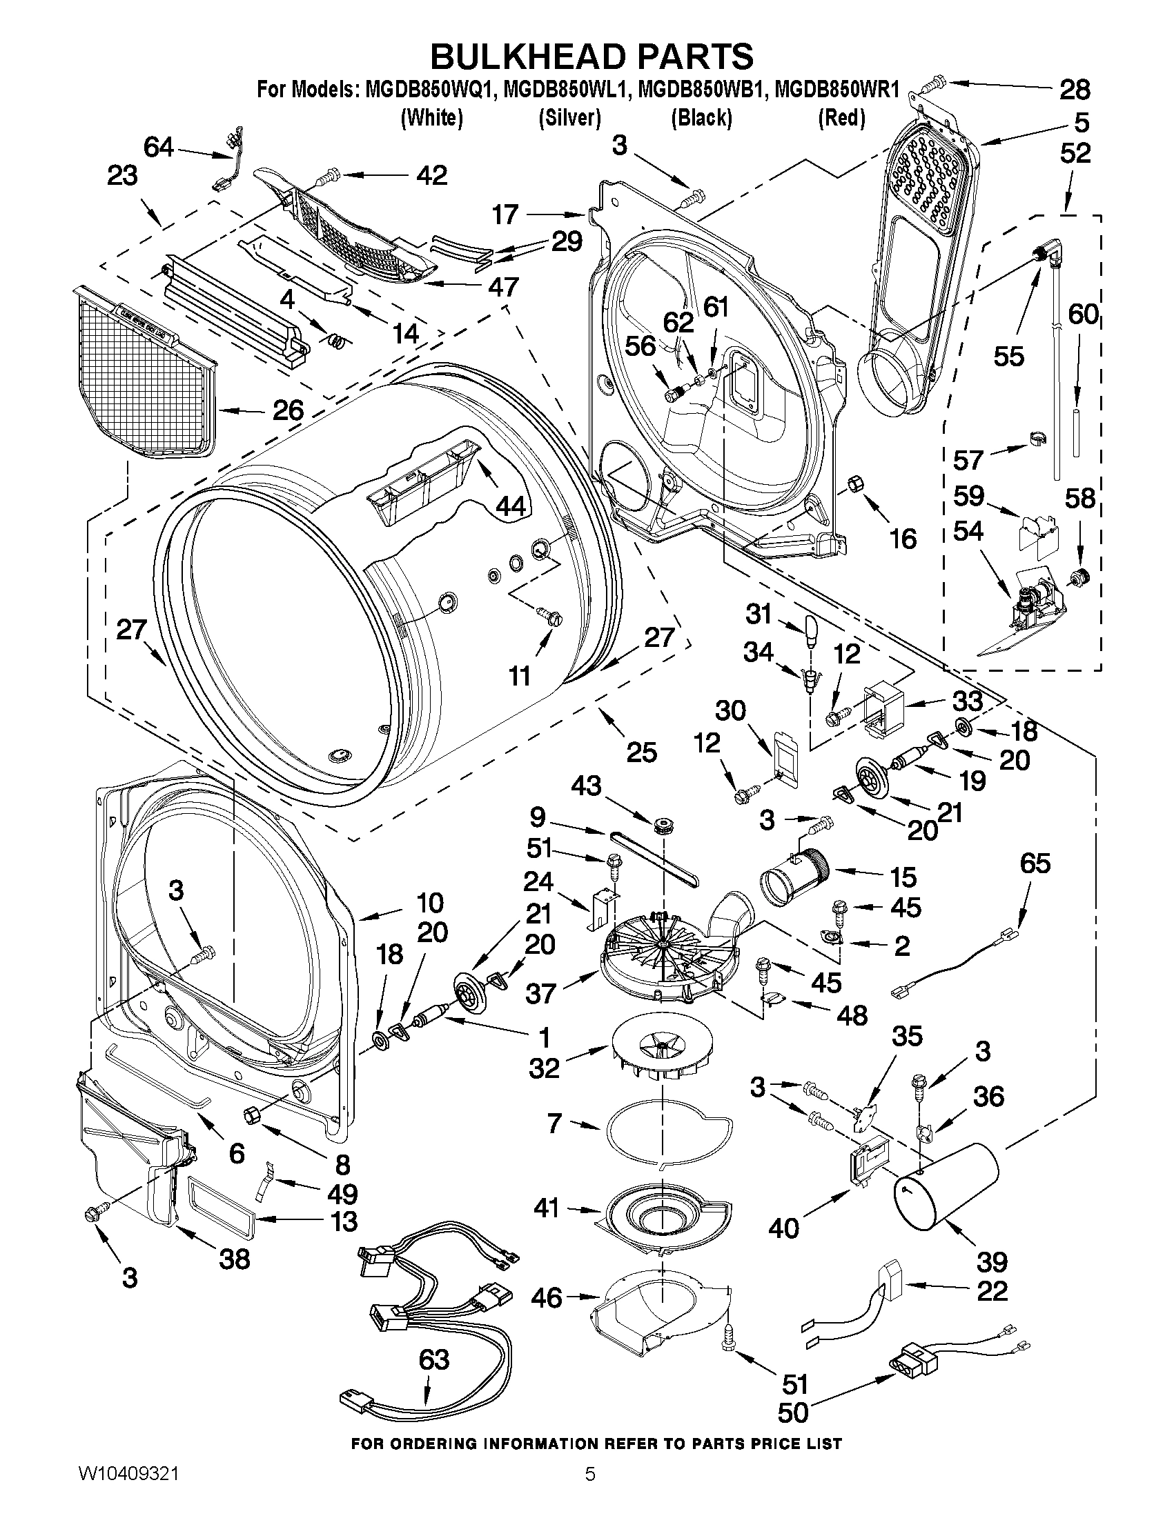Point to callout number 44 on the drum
pos(511,506)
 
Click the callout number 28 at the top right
pos(1075,89)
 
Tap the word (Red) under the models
pos(841,118)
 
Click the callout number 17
pos(506,214)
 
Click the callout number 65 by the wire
pos(1035,863)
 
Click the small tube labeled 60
pos(1077,431)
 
